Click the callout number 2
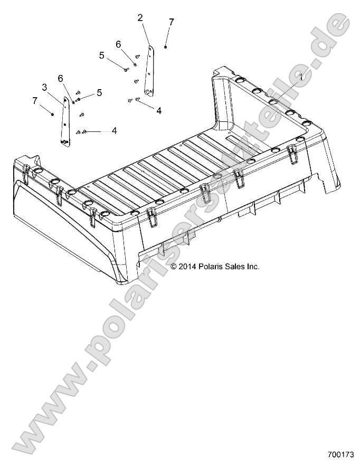click(x=140, y=17)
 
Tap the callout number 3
click(x=45, y=87)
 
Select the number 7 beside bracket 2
click(x=171, y=22)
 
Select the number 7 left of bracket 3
click(x=35, y=100)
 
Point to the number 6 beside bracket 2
click(x=118, y=44)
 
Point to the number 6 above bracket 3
click(x=61, y=78)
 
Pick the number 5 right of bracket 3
click(x=99, y=93)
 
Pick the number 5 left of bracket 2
click(x=101, y=55)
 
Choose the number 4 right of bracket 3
click(x=113, y=130)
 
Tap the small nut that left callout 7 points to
click(x=52, y=112)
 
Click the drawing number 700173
click(x=340, y=453)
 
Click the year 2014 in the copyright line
click(x=187, y=267)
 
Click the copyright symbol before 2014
click(x=174, y=267)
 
